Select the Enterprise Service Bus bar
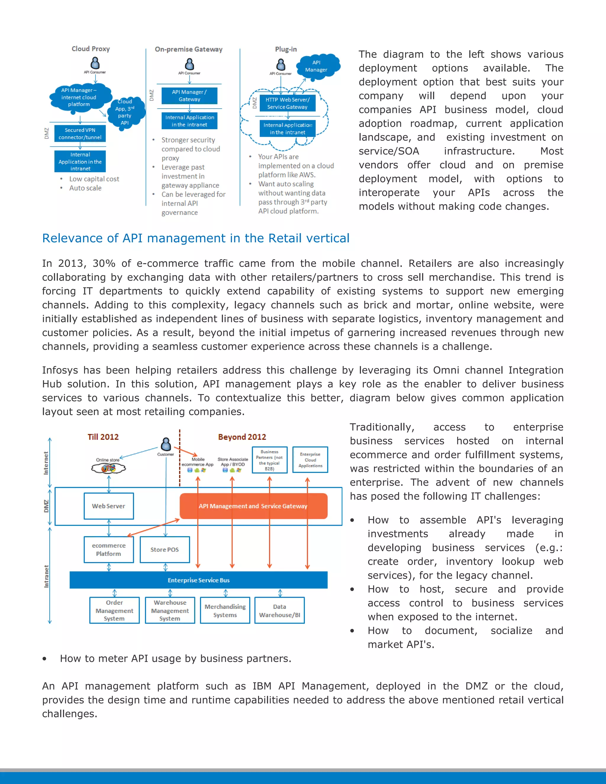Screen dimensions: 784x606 pos(198,580)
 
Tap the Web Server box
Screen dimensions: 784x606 pos(108,506)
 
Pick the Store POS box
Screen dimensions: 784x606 pos(165,549)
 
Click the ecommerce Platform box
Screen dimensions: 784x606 pos(108,549)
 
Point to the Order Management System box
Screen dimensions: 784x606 pos(114,610)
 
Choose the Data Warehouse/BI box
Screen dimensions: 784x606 pos(279,610)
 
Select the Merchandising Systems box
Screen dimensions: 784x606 pos(225,610)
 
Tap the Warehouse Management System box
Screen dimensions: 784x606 pos(170,610)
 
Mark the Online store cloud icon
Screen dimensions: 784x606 pos(108,468)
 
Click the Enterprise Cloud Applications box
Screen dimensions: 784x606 pos(310,460)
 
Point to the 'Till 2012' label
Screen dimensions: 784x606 pos(103,437)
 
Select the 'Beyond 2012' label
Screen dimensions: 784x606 pos(242,437)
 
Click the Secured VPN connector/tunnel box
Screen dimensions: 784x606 pos(80,133)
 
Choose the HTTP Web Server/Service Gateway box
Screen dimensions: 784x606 pos(287,103)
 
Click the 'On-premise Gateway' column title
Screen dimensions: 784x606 pos(188,49)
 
